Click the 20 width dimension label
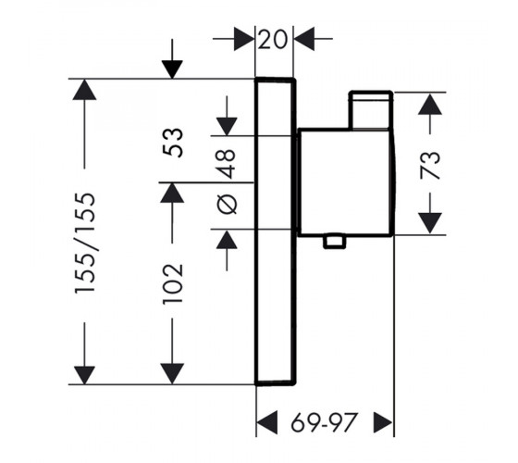point(273,39)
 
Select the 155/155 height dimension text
point(84,244)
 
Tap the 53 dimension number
point(172,143)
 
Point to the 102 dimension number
point(172,282)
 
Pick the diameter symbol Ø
point(228,204)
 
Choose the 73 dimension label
point(430,165)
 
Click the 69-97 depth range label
point(325,422)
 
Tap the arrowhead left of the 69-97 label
point(267,422)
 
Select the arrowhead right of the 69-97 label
point(383,422)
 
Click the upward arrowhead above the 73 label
point(430,104)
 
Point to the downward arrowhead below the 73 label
point(430,223)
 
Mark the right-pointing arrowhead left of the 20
point(244,39)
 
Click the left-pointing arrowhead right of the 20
point(304,39)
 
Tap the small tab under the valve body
point(335,242)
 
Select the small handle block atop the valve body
point(371,110)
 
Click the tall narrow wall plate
point(276,231)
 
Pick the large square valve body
point(346,182)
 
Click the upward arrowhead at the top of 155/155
point(84,89)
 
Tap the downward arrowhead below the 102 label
point(172,374)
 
